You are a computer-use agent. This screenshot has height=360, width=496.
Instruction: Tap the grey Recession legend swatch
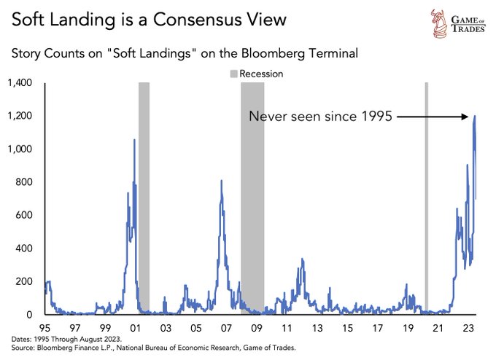[233, 74]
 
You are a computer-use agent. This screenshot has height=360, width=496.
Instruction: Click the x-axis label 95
[44, 328]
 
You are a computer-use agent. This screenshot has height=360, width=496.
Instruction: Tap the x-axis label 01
[135, 328]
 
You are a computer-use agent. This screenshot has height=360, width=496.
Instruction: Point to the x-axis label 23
[466, 328]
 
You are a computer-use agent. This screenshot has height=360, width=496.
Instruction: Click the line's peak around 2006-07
[221, 180]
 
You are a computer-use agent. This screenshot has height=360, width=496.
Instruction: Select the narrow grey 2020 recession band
[427, 197]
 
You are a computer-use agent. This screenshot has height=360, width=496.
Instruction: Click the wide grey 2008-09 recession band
[252, 197]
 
